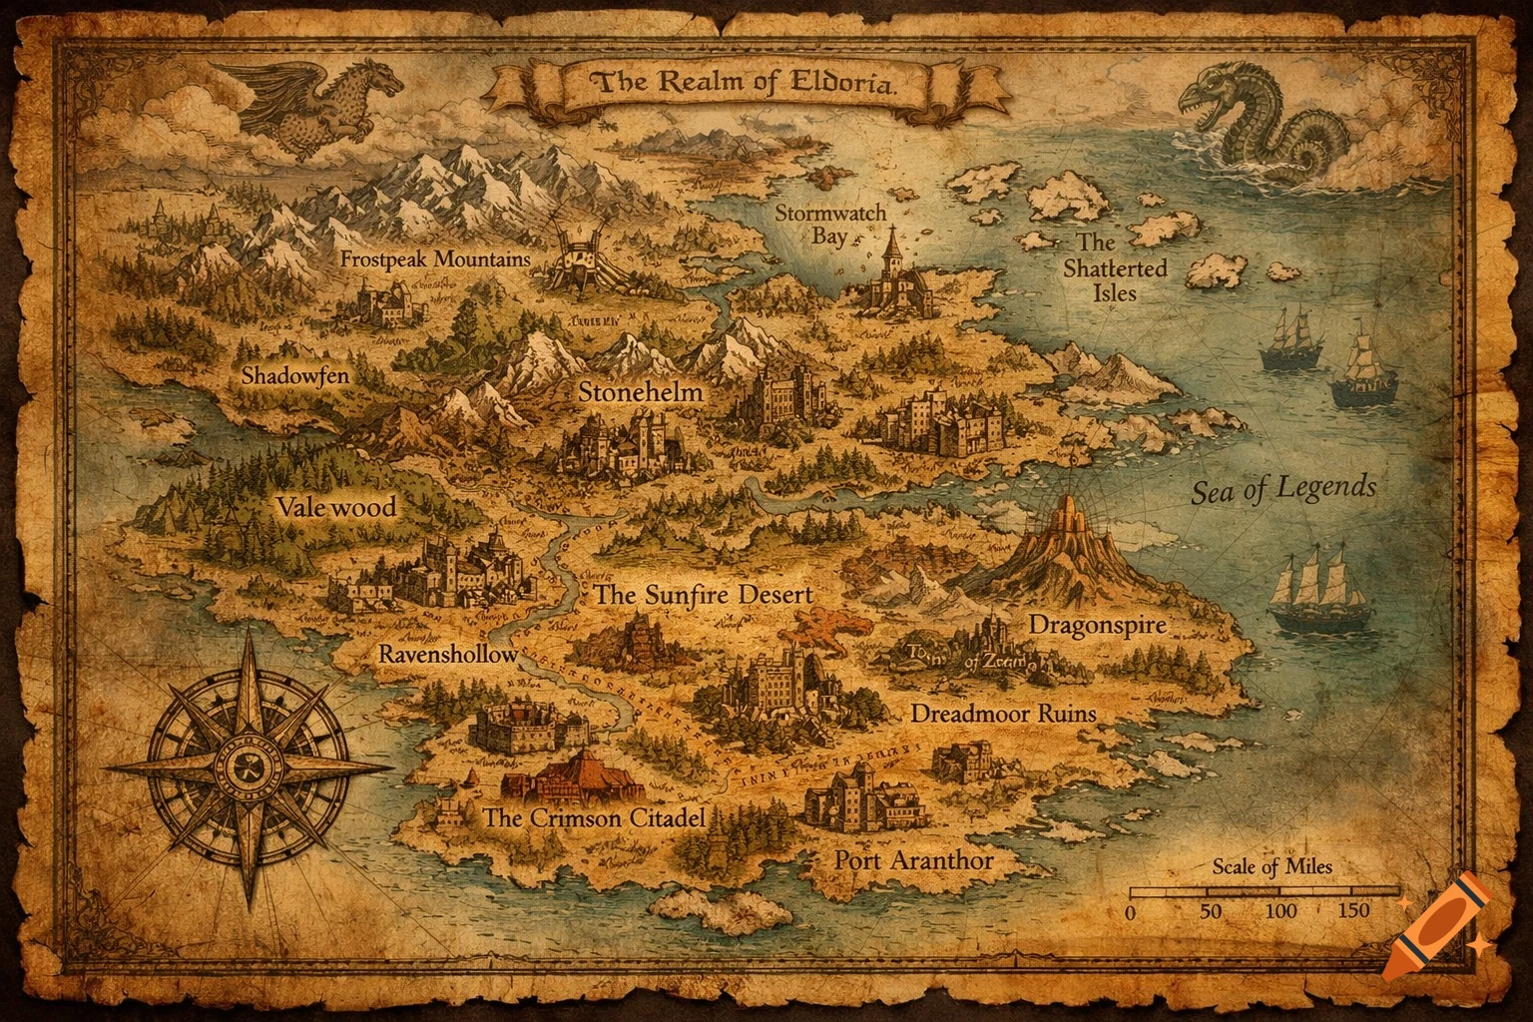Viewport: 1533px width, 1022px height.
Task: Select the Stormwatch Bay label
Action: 830,225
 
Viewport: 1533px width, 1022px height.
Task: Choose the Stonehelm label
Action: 641,392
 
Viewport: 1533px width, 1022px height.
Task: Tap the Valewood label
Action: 336,507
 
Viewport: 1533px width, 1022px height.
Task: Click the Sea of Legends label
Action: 1283,489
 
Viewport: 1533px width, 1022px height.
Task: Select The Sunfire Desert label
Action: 704,595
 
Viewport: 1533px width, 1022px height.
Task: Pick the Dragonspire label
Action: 1097,626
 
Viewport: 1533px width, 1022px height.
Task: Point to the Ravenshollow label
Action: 448,655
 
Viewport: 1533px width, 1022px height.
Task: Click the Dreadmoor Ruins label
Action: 1003,714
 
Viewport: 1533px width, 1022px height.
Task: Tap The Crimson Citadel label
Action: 595,819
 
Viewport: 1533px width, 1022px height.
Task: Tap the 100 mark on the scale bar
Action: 1280,910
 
